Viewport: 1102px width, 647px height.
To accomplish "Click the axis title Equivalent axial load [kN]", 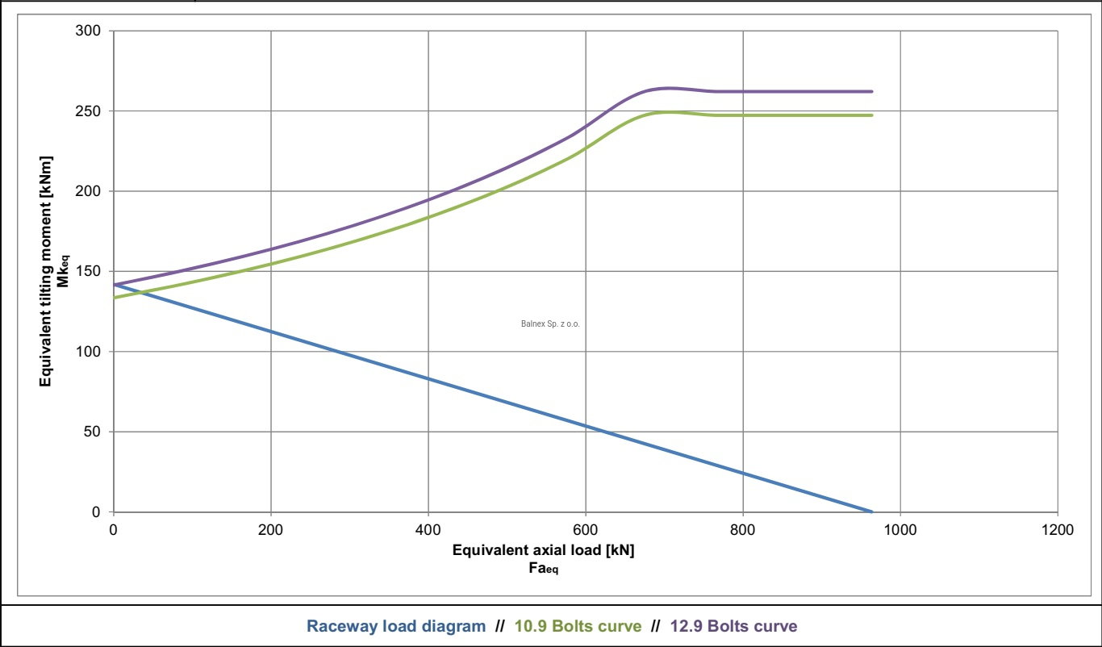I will point(544,551).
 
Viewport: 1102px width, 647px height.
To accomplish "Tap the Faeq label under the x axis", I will point(541,568).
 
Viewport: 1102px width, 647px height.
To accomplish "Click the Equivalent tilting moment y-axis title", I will point(46,271).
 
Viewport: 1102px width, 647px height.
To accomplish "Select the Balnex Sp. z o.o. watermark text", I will point(551,324).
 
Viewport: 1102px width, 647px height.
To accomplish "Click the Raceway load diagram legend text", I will point(396,626).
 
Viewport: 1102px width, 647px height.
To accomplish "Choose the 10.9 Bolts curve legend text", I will point(578,626).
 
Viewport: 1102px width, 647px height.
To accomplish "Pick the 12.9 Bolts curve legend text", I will point(733,626).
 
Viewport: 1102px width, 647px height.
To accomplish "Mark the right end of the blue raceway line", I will point(872,511).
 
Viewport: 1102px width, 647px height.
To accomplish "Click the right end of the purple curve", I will point(872,91).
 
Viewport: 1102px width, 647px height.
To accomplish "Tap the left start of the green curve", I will point(114,298).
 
